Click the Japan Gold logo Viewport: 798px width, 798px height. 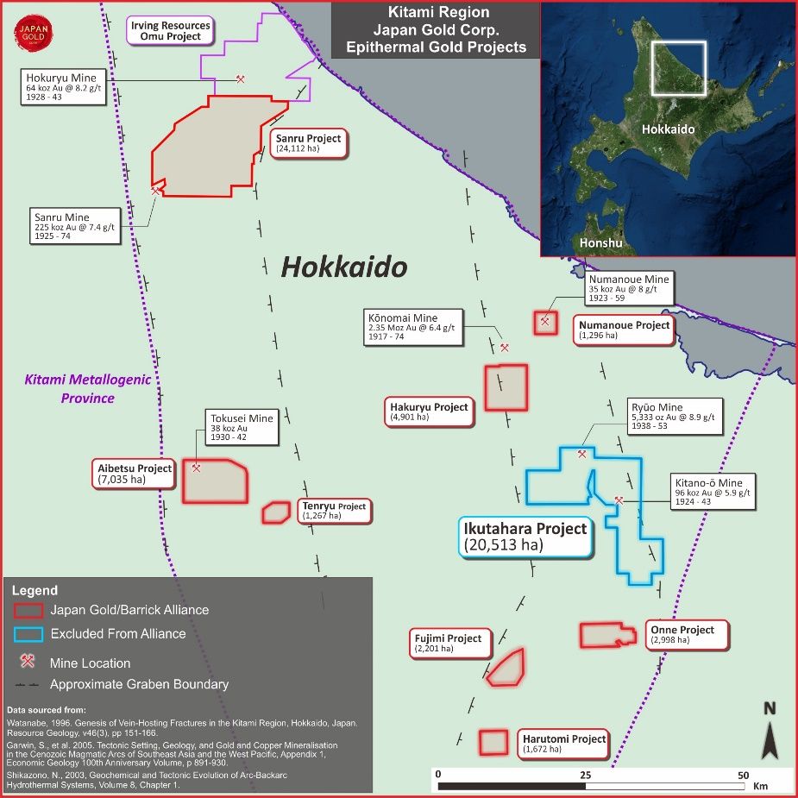(x=33, y=34)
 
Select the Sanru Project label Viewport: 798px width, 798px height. (x=309, y=143)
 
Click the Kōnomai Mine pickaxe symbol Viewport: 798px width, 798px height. (x=505, y=348)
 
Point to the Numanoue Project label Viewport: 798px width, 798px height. (x=624, y=330)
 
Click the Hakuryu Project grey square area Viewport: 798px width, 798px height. (x=506, y=387)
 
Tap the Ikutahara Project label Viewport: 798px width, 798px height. (x=525, y=536)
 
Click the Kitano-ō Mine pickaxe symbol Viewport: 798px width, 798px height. (x=619, y=500)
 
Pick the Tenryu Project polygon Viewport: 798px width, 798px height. (x=276, y=512)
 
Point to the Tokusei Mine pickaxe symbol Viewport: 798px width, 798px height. (x=197, y=468)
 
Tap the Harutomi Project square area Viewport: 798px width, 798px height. (x=493, y=742)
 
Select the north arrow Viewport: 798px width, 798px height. (x=770, y=734)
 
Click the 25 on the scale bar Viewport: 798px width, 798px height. (x=585, y=775)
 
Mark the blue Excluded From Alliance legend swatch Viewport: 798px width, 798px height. (x=28, y=634)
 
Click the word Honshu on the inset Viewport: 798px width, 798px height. (x=600, y=242)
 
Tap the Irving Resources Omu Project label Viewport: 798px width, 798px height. (x=170, y=32)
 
